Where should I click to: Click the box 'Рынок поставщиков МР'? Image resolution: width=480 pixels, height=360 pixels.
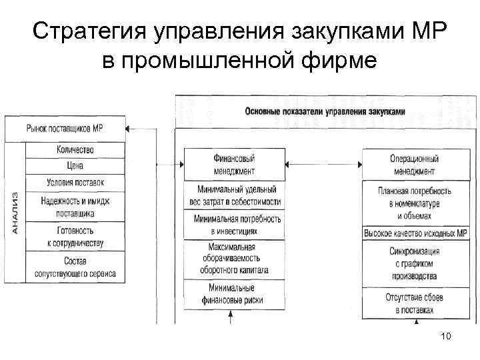(x=65, y=128)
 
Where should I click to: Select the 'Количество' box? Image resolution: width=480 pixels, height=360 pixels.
(x=75, y=149)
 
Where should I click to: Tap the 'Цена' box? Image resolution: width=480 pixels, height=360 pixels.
(x=75, y=165)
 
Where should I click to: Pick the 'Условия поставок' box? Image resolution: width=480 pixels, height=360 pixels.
(x=75, y=182)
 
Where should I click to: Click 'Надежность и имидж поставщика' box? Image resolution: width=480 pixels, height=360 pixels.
(x=75, y=207)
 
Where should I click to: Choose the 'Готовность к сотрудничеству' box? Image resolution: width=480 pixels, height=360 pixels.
(x=75, y=237)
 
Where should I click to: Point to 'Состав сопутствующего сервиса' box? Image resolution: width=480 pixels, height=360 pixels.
(x=75, y=267)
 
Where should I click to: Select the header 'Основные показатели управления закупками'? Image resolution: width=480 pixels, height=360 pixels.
(x=325, y=112)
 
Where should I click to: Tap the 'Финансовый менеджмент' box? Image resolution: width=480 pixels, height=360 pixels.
(x=234, y=164)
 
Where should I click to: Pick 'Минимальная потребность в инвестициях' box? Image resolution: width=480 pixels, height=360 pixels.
(x=234, y=225)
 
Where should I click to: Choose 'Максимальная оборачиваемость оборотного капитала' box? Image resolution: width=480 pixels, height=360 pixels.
(x=234, y=259)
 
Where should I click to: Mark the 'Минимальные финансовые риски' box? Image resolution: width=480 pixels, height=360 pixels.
(x=234, y=294)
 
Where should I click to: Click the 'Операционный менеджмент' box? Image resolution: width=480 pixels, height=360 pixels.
(x=415, y=164)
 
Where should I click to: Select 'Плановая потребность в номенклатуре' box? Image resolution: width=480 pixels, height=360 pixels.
(x=415, y=203)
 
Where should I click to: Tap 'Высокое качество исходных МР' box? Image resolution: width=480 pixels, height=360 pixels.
(x=415, y=234)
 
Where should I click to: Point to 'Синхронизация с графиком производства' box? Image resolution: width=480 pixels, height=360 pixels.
(x=415, y=263)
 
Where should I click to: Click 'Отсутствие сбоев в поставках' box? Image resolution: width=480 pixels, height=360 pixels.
(x=415, y=303)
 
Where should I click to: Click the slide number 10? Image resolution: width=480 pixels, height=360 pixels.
(x=446, y=337)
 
